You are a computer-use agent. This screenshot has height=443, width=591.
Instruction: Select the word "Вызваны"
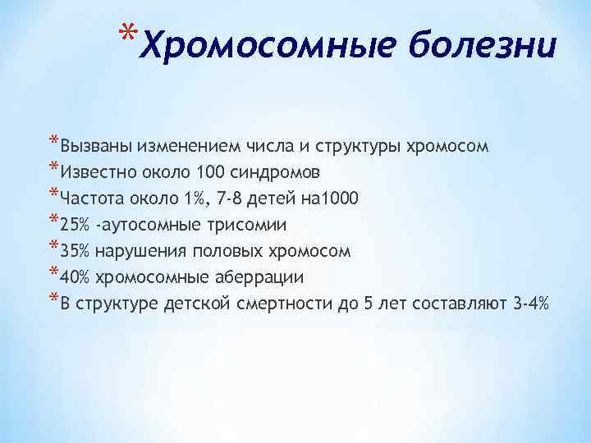[x=98, y=148]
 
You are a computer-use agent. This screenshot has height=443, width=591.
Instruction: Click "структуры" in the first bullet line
[x=355, y=148]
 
